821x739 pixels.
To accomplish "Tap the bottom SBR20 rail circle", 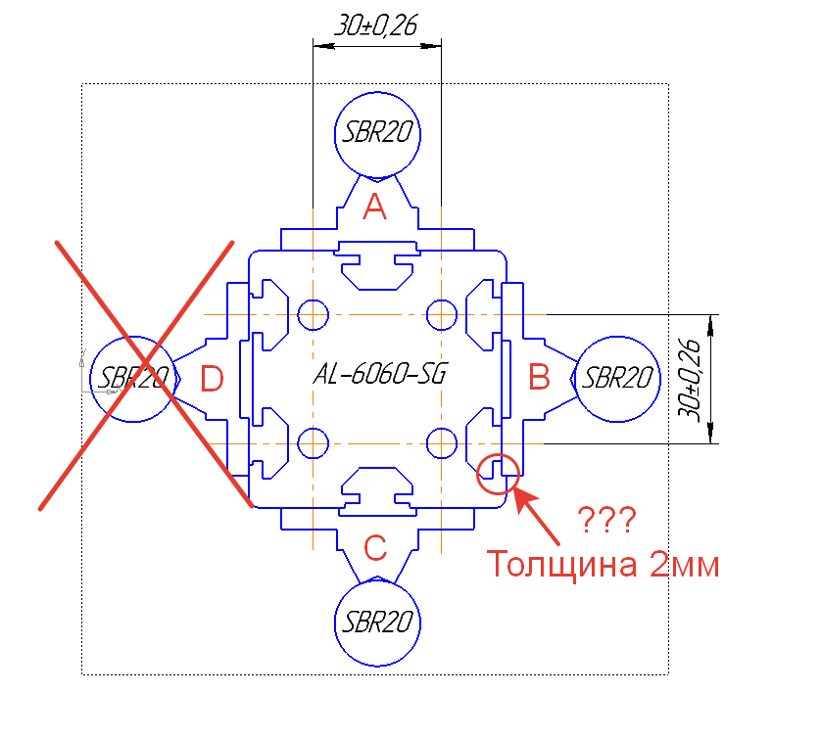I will (377, 623).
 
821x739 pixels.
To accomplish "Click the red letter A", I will (375, 207).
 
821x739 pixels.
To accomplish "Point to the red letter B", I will (540, 376).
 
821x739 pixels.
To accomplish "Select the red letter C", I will (375, 548).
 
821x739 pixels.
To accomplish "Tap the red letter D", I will (212, 378).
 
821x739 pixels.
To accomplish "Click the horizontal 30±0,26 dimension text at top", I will (376, 26).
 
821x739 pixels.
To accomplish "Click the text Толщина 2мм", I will (604, 566).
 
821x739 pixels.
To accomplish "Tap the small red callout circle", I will (497, 474).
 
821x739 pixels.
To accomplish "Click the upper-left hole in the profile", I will (313, 314).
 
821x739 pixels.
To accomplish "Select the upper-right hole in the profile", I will (442, 314).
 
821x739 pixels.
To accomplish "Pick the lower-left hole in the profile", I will (313, 443).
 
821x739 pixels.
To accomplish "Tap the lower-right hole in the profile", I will (442, 443).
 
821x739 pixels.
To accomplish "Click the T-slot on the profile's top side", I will (377, 265).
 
